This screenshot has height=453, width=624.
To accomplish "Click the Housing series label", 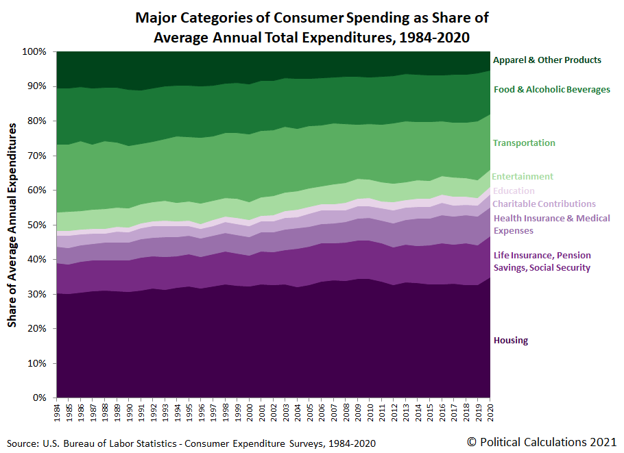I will tap(511, 341).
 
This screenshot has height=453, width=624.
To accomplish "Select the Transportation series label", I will tap(524, 143).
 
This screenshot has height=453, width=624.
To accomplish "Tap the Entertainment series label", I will tap(523, 177).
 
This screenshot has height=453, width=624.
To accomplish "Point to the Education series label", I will tap(514, 191).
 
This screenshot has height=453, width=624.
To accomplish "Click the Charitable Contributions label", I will tap(544, 204).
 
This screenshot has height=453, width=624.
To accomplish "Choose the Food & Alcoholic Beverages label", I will tap(551, 90).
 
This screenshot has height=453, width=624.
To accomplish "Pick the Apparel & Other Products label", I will tap(547, 60).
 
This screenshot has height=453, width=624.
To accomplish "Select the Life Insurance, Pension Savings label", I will tap(542, 261).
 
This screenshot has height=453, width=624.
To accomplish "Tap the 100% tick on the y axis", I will tap(34, 52).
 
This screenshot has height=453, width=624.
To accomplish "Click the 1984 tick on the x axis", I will tap(57, 413).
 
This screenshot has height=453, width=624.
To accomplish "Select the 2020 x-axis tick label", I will tap(490, 413).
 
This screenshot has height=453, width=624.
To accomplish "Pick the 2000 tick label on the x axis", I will tap(250, 413).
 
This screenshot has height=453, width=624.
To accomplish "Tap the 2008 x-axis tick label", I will tap(346, 413).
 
